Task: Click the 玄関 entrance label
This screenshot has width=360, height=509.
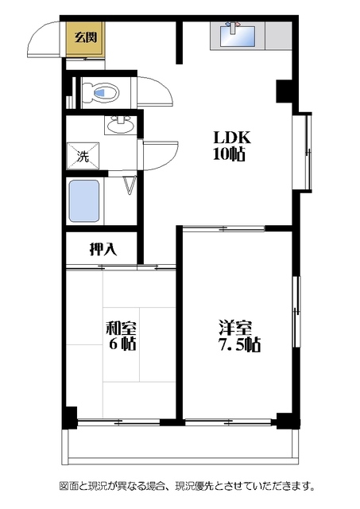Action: pyautogui.click(x=86, y=37)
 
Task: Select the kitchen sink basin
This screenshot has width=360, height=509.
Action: pyautogui.click(x=238, y=37)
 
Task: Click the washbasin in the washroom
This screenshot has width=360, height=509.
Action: pyautogui.click(x=120, y=126)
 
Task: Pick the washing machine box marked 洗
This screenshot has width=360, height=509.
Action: pyautogui.click(x=83, y=156)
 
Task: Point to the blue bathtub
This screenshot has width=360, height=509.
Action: pyautogui.click(x=84, y=201)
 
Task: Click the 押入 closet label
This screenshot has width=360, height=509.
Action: pyautogui.click(x=103, y=249)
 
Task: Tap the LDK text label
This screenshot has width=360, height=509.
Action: pyautogui.click(x=232, y=138)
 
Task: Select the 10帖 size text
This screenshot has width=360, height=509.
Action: pyautogui.click(x=229, y=154)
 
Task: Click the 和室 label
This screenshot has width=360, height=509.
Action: pyautogui.click(x=122, y=328)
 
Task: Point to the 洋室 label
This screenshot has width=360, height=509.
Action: pyautogui.click(x=235, y=328)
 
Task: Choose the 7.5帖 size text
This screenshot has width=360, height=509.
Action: pyautogui.click(x=239, y=344)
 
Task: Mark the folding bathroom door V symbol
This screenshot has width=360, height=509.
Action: pyautogui.click(x=130, y=185)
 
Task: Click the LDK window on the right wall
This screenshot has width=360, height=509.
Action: pyautogui.click(x=302, y=151)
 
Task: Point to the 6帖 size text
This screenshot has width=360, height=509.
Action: pyautogui.click(x=122, y=344)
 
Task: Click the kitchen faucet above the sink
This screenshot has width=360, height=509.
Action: pyautogui.click(x=233, y=26)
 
